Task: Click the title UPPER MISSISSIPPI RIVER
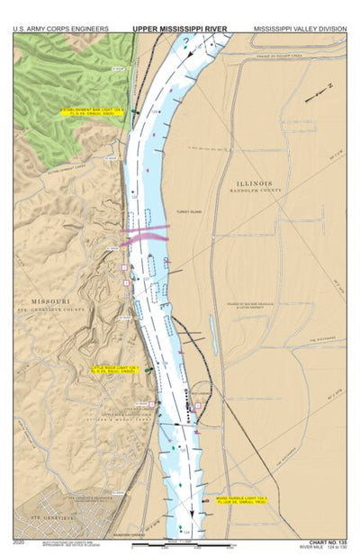pos(180,29)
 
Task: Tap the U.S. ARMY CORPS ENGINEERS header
pos(61,29)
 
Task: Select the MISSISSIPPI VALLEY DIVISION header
pos(299,29)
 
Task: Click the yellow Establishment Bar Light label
pos(93,113)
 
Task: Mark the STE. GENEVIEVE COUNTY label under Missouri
pos(51,309)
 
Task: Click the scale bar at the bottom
pos(180,543)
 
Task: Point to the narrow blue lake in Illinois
pos(213,327)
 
